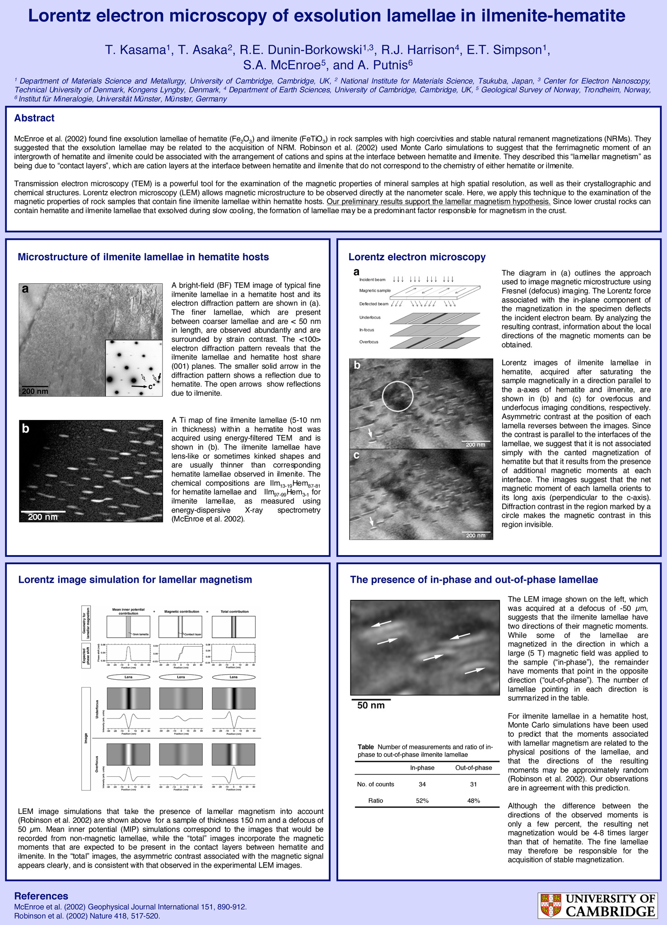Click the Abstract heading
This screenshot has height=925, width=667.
[34, 118]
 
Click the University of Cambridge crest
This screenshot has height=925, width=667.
[550, 906]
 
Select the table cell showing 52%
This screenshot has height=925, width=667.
[422, 800]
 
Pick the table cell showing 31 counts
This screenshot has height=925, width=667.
[473, 784]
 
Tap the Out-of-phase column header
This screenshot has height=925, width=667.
[473, 768]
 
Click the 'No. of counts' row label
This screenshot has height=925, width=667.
[375, 784]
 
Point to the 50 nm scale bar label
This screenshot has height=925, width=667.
[371, 705]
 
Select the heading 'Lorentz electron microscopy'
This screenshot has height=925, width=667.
[417, 257]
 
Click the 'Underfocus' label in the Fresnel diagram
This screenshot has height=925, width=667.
[370, 318]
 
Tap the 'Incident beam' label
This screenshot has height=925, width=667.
[372, 280]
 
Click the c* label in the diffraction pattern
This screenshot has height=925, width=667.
[152, 387]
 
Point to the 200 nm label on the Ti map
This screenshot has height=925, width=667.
[43, 517]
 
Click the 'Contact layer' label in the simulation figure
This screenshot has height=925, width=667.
[192, 635]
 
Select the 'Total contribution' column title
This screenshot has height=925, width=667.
[234, 612]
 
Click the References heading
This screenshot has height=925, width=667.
[41, 896]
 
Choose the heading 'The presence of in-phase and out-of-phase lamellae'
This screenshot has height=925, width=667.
[474, 579]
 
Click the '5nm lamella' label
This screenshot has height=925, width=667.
[140, 635]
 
